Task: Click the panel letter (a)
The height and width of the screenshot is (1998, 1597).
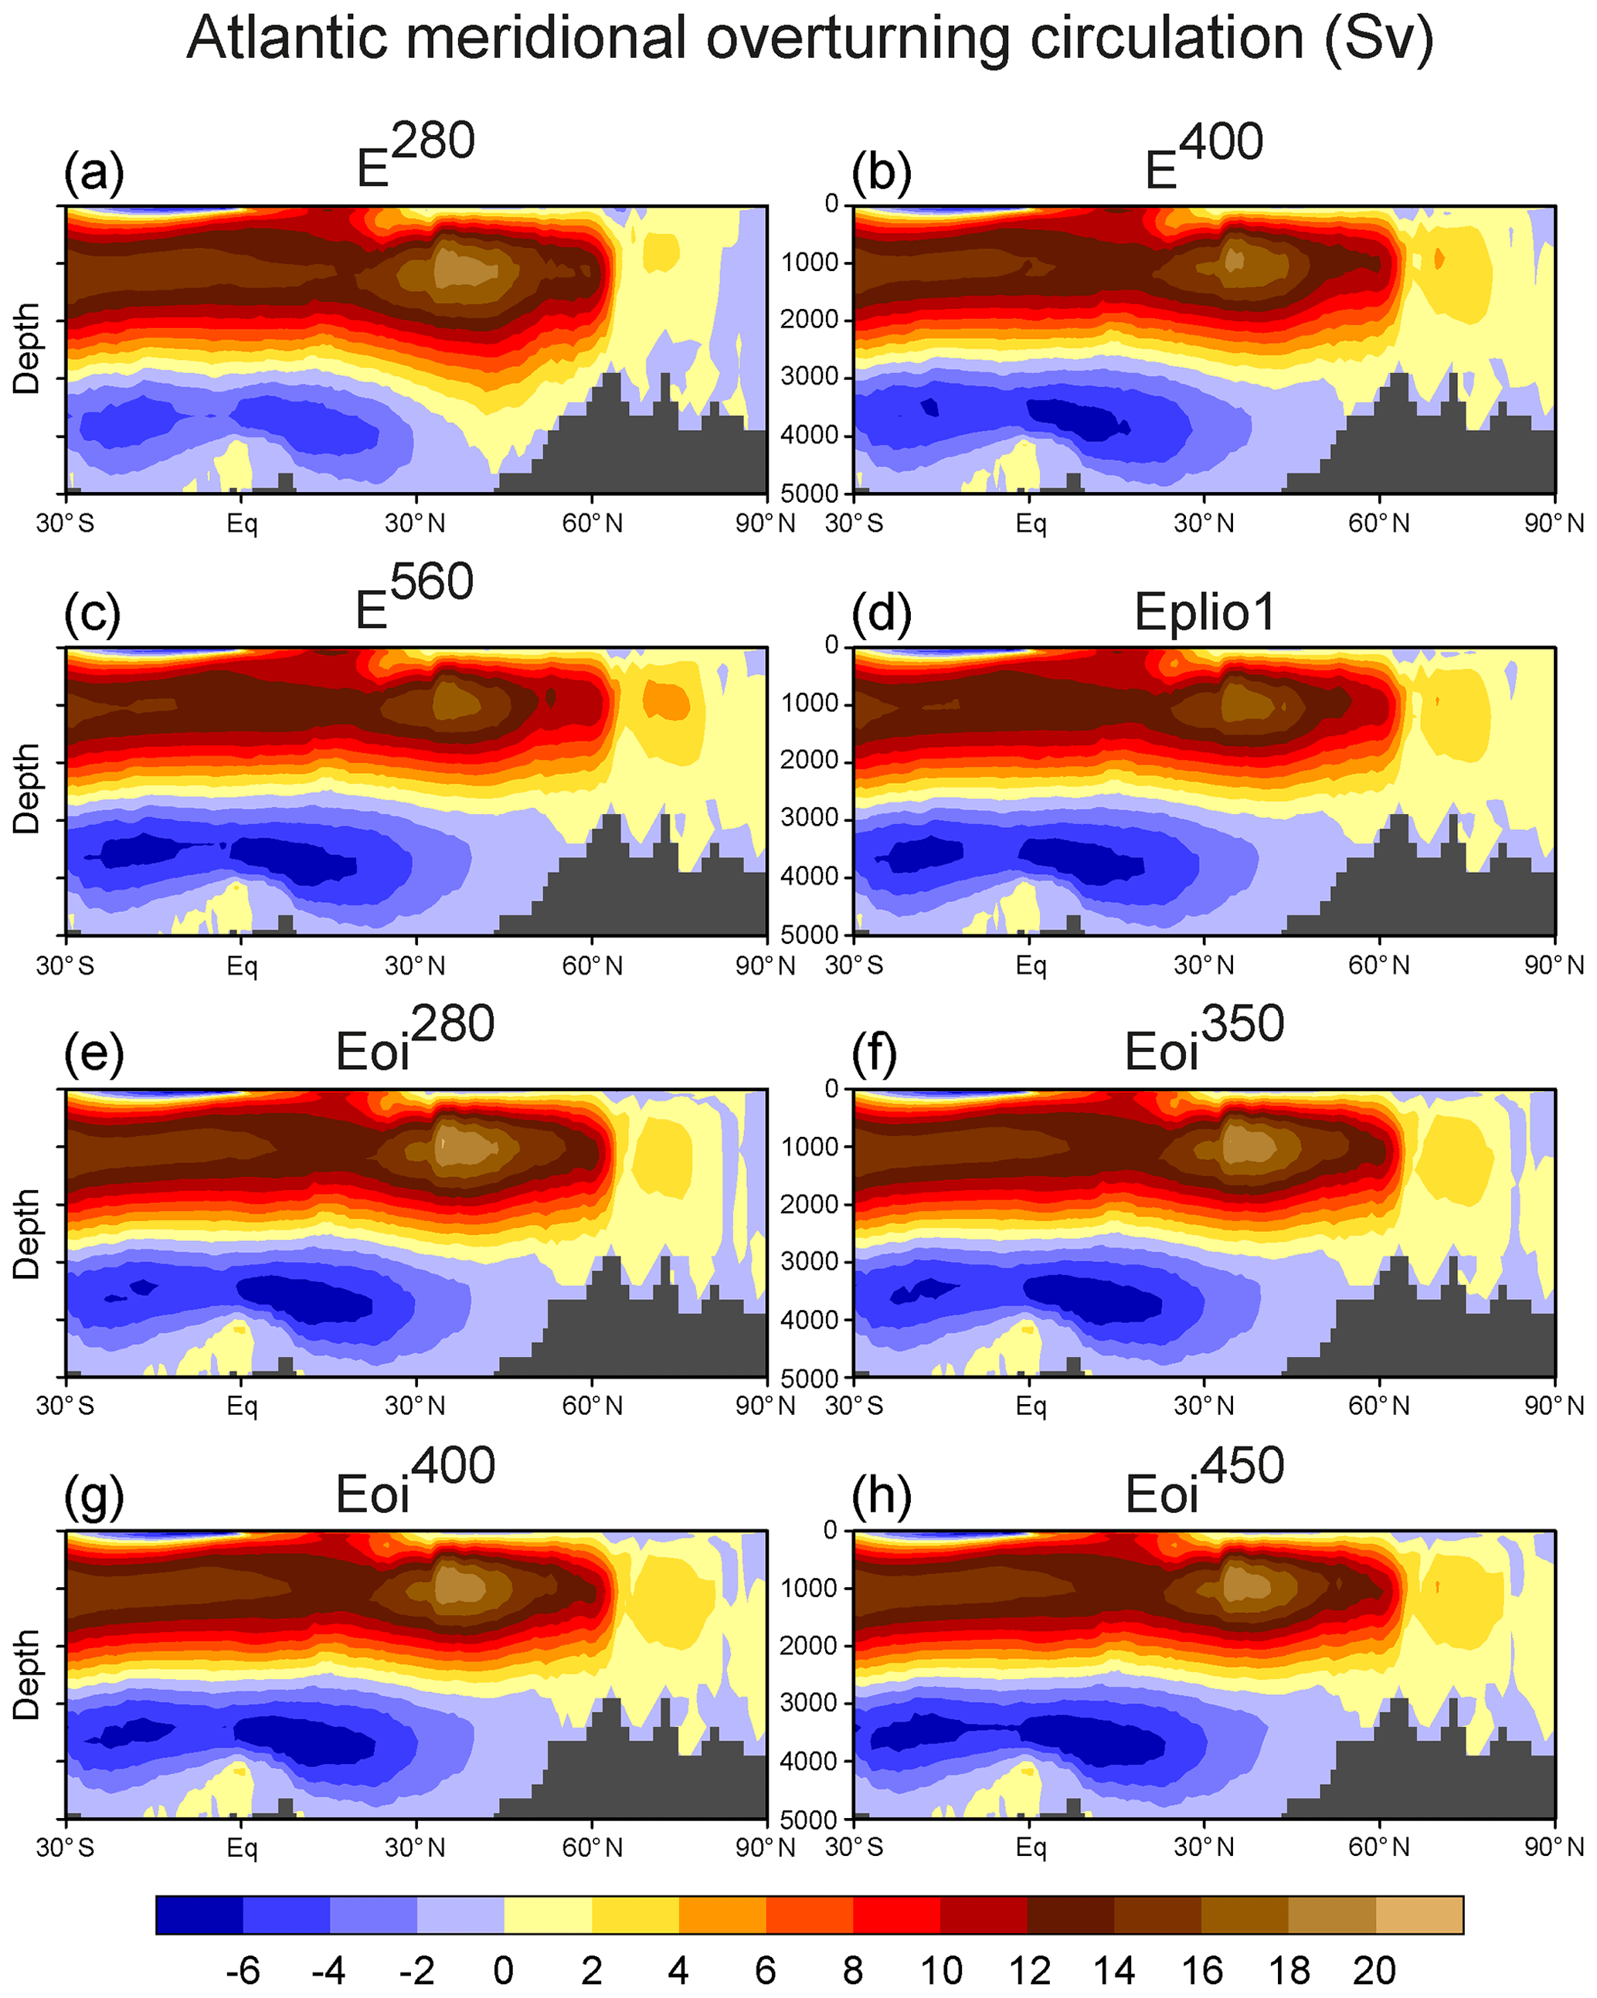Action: tap(93, 172)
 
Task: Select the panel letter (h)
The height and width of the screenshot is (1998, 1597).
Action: tap(882, 1494)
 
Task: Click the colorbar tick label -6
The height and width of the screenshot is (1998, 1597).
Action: tap(242, 1970)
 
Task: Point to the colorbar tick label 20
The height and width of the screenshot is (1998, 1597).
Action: tap(1374, 1970)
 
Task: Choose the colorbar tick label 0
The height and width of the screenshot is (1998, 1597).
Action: tap(503, 1970)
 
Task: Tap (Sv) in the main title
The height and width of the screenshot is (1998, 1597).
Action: tap(1378, 39)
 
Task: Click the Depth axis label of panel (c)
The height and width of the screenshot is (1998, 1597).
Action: tap(26, 789)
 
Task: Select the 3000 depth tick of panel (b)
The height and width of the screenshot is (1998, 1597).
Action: tap(809, 377)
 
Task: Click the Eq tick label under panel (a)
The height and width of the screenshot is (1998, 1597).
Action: tap(242, 524)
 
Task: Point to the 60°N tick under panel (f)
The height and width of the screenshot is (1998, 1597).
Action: tap(1378, 1406)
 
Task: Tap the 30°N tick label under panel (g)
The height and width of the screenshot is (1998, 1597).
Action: tap(415, 1848)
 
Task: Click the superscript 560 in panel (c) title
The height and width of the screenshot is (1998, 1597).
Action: tap(432, 582)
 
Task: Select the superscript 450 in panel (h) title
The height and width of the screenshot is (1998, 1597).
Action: tap(1242, 1466)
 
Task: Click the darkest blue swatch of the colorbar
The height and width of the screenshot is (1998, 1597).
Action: tap(199, 1915)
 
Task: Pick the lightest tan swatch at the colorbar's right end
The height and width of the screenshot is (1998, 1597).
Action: tap(1419, 1915)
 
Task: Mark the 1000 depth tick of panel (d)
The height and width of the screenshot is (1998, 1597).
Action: tap(809, 704)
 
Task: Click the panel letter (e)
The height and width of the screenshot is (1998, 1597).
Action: tap(93, 1053)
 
